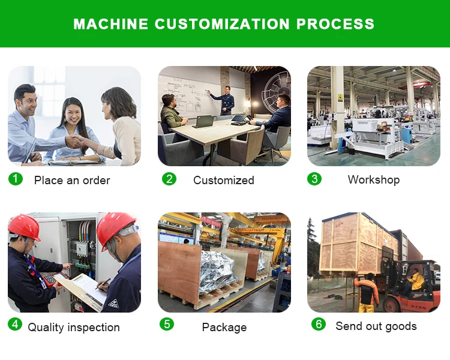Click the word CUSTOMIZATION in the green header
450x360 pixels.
pos(222,24)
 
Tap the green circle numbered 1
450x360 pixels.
pos(16,179)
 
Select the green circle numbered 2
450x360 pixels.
pos(169,179)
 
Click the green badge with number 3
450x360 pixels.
pos(314,179)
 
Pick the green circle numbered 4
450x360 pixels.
pos(15,324)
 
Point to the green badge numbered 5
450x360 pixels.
pos(167,324)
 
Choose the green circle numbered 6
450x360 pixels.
pos(319,324)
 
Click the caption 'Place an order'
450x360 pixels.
pos(72,180)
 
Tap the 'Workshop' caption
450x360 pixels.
pos(374,180)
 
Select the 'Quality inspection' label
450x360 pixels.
pos(74,327)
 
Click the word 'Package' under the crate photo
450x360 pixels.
pos(224,327)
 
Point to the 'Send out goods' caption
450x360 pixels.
pos(376,326)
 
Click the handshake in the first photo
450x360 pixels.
pos(74,141)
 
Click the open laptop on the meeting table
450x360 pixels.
pos(203,121)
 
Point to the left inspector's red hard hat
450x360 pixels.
pos(24,227)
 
